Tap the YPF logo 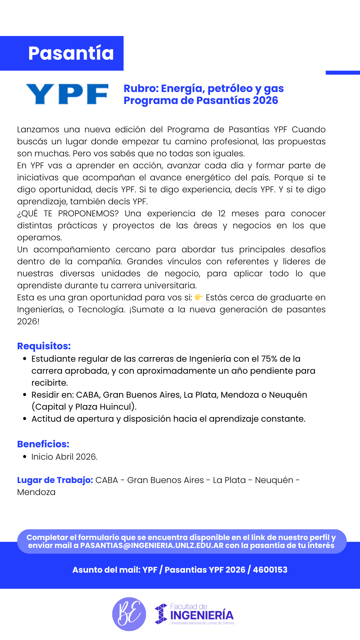click(67, 94)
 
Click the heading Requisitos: click(44, 346)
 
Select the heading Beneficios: click(43, 444)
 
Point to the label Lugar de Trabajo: click(55, 480)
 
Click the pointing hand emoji click(199, 297)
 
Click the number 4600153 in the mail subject click(270, 570)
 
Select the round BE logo click(129, 614)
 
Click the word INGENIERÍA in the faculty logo click(202, 615)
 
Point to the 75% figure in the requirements click(269, 359)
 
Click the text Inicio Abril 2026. click(64, 457)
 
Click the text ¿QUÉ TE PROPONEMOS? click(68, 213)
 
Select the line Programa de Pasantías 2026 click(201, 100)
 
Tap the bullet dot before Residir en click(25, 395)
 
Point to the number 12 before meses click(222, 213)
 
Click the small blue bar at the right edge click(343, 72)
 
